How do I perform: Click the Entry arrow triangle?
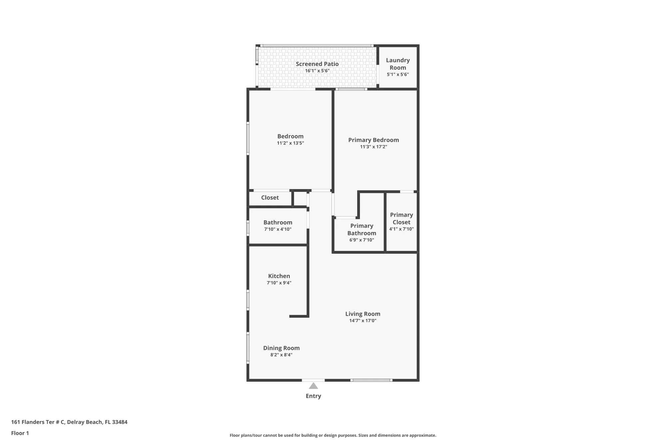[x=313, y=386]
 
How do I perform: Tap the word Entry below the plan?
[x=313, y=396]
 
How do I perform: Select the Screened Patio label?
[x=317, y=64]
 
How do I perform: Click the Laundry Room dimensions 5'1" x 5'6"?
[x=398, y=75]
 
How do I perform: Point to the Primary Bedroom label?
[x=373, y=140]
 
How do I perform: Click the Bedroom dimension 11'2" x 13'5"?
[x=290, y=143]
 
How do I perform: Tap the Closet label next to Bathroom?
[x=270, y=198]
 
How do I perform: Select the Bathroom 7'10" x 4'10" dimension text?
[x=278, y=229]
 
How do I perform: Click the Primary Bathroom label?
[x=362, y=229]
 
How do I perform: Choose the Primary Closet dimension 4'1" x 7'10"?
[x=401, y=229]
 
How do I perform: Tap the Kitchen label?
[x=279, y=276]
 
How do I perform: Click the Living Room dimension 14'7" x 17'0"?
[x=363, y=321]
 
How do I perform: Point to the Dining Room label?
[x=281, y=348]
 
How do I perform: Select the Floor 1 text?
[x=20, y=433]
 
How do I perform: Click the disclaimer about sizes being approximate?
[x=333, y=435]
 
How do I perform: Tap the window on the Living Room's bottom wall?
[x=371, y=380]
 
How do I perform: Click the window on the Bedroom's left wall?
[x=248, y=139]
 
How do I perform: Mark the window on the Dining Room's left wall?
[x=248, y=348]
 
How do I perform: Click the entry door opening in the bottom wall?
[x=313, y=380]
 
